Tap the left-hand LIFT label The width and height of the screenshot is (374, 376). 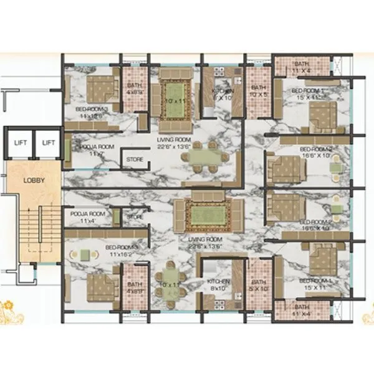20,143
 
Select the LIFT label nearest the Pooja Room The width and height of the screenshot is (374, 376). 48,143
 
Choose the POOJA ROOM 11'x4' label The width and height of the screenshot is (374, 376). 87,217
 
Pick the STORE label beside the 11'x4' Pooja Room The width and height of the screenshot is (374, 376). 135,216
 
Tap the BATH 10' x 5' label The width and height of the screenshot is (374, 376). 258,92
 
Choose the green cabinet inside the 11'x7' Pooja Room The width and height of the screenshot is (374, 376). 68,151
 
